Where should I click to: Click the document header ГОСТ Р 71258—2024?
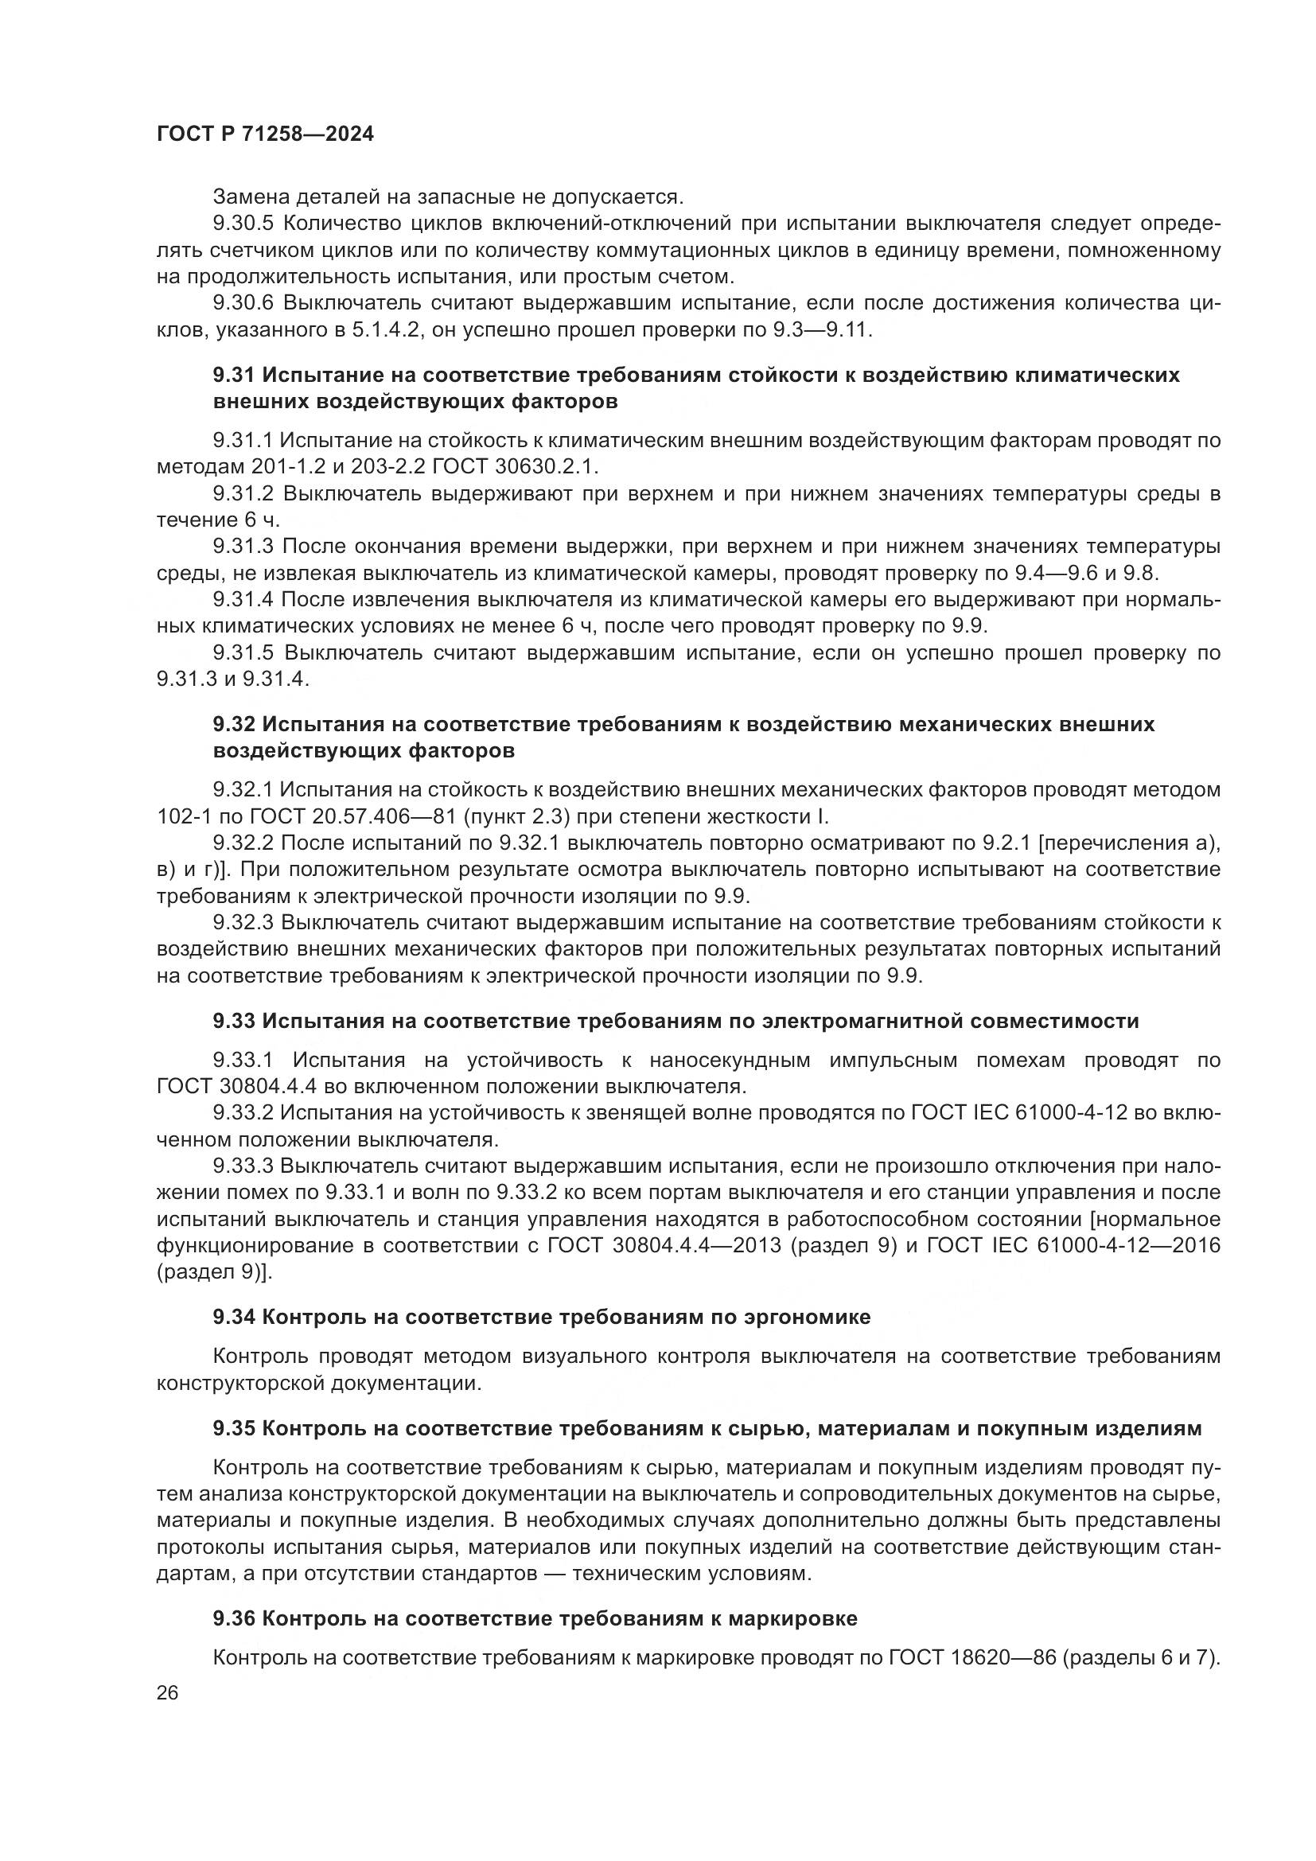pos(265,134)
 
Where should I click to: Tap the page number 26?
pos(168,1693)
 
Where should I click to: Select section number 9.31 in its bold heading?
pos(234,376)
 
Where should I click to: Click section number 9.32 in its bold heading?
pos(234,724)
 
